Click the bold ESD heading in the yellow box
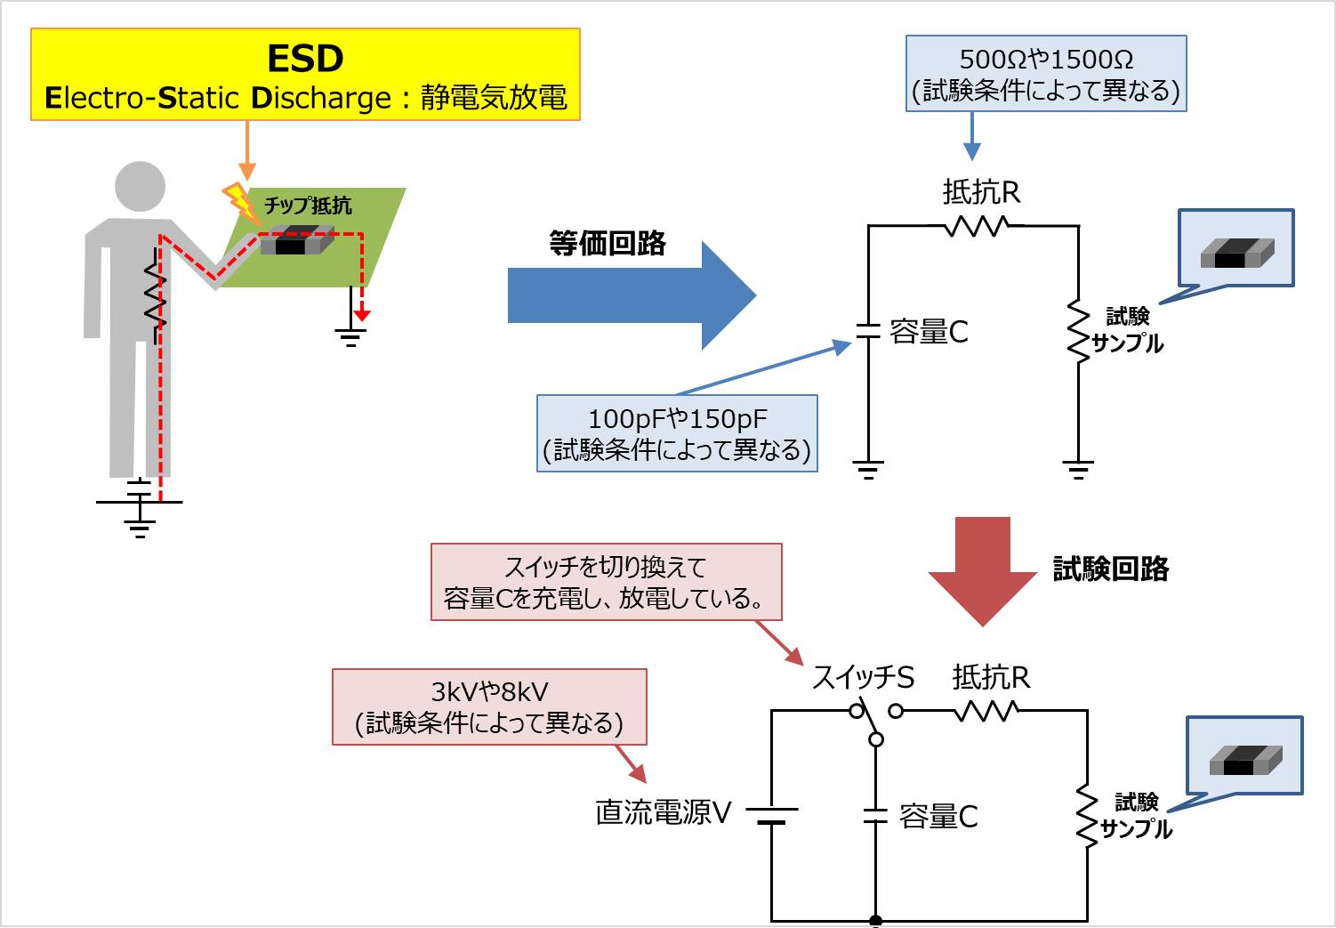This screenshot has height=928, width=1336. click(x=305, y=59)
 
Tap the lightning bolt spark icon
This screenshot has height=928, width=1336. click(x=238, y=199)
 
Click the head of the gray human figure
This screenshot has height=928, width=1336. click(x=141, y=186)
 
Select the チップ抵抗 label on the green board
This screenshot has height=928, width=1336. click(x=308, y=206)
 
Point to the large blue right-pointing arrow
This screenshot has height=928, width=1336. click(x=631, y=295)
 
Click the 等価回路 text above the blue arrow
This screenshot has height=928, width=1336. click(x=608, y=243)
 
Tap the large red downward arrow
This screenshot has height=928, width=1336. click(x=983, y=569)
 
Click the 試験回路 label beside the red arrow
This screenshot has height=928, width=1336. click(x=1111, y=569)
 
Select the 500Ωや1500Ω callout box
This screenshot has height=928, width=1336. click(x=1046, y=74)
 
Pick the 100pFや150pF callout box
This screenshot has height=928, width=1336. click(x=677, y=433)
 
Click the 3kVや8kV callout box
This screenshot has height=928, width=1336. click(x=489, y=707)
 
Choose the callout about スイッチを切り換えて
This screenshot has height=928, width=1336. click(x=606, y=582)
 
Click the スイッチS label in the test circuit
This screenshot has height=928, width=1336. click(x=863, y=678)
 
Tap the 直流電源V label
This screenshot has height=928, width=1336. click(x=663, y=811)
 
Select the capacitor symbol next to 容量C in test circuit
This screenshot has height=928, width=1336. click(x=876, y=816)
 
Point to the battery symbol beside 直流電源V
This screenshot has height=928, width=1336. click(x=771, y=815)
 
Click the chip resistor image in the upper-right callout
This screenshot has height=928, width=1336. click(x=1237, y=253)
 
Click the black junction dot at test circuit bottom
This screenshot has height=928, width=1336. click(x=876, y=921)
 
